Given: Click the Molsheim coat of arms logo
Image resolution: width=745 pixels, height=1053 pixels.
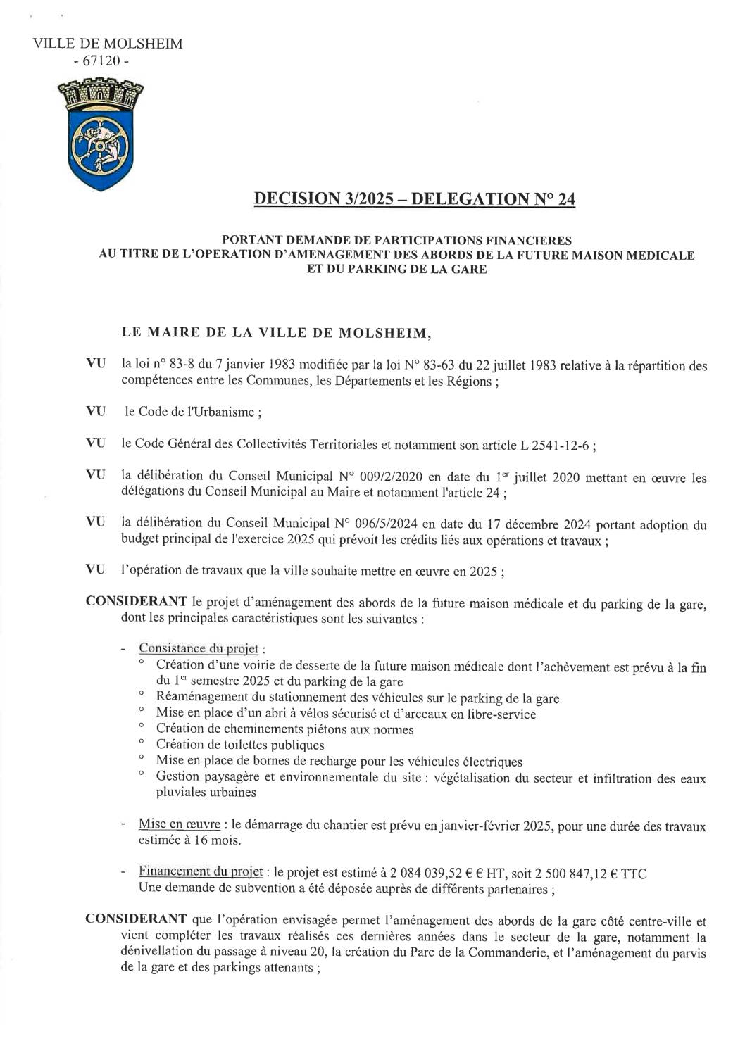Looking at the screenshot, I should pyautogui.click(x=100, y=134).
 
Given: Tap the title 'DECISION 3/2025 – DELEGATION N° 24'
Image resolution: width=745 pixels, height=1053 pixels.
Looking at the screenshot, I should pyautogui.click(x=415, y=200).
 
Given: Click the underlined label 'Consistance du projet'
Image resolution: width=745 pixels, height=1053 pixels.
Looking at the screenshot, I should pyautogui.click(x=198, y=648).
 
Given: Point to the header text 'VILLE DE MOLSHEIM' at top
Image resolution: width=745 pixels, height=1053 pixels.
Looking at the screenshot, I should pyautogui.click(x=108, y=44).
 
